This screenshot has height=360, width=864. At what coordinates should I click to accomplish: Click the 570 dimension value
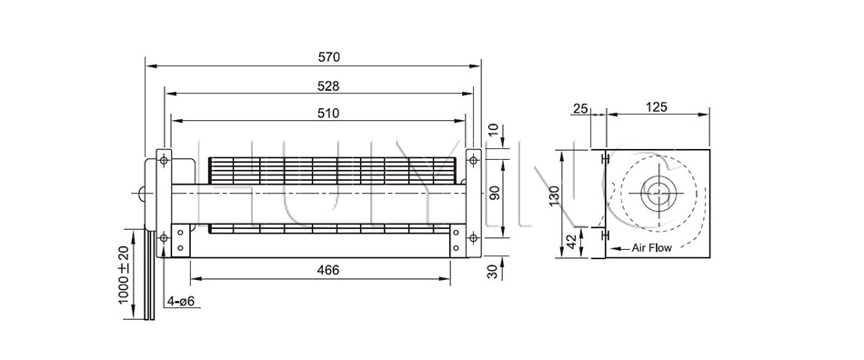tap(329, 56)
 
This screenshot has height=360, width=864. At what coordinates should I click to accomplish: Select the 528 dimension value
tap(329, 85)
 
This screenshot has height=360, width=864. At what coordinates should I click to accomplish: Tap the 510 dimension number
tap(329, 114)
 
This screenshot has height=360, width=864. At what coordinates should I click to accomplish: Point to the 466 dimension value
tap(329, 270)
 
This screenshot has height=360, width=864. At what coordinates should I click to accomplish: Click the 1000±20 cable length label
tap(124, 275)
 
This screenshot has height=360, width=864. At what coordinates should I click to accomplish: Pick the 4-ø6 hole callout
tap(184, 301)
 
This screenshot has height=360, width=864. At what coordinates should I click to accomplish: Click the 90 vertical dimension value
tap(494, 194)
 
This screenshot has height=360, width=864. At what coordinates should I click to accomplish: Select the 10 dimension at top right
tap(494, 131)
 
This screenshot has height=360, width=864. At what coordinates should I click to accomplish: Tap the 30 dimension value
tap(494, 270)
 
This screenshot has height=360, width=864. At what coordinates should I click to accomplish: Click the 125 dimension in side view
tap(657, 106)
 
